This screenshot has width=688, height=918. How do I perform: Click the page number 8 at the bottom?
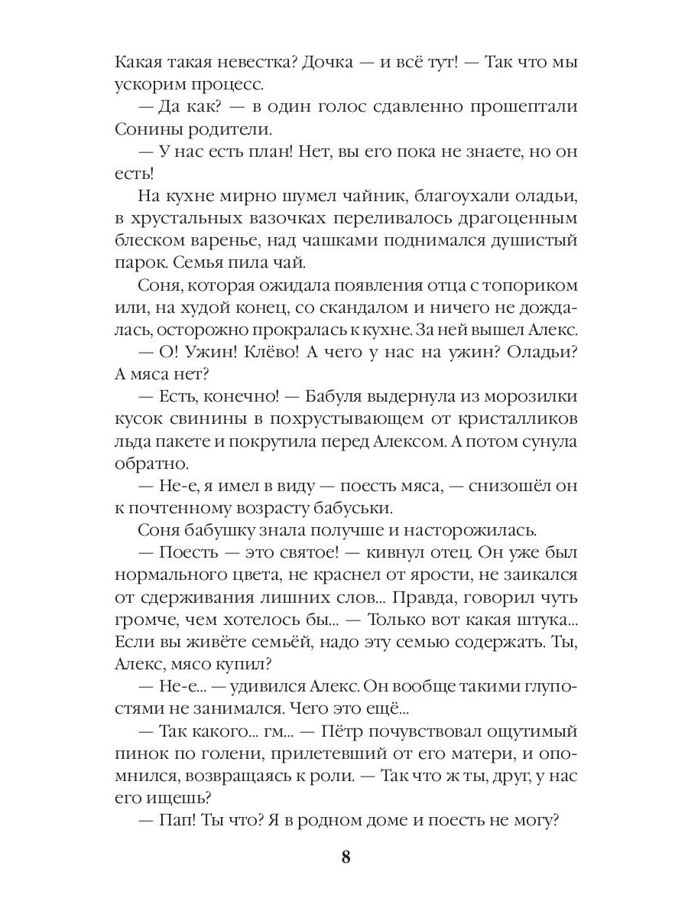345,857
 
